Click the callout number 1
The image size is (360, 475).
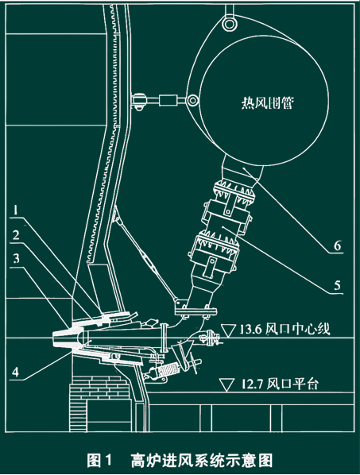(16, 210)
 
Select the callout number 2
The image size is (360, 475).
(15, 235)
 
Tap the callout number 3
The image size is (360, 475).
(16, 258)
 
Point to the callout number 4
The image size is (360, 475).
(15, 372)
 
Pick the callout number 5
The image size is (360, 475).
(338, 285)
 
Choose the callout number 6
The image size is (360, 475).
(338, 245)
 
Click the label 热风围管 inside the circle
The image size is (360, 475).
(267, 102)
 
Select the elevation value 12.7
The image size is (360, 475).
(252, 384)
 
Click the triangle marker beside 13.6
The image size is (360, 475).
(229, 330)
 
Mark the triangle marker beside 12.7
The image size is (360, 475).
(226, 384)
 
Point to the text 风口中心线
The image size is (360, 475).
(297, 329)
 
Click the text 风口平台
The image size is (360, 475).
(292, 384)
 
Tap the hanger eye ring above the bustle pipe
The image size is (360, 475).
(230, 23)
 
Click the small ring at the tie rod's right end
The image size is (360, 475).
(192, 99)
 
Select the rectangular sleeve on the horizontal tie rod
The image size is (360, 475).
(168, 100)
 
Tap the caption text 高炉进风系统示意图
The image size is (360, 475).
(202, 460)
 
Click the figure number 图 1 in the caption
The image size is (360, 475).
(99, 460)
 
